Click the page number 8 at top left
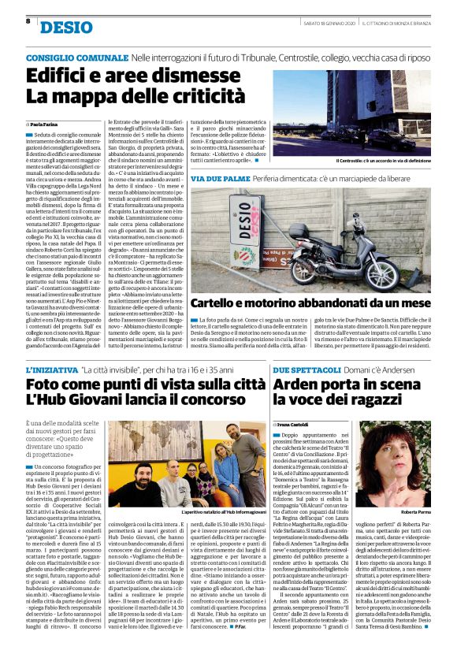pos(28,22)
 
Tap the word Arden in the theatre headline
pos(304,387)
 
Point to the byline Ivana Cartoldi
pos(299,424)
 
